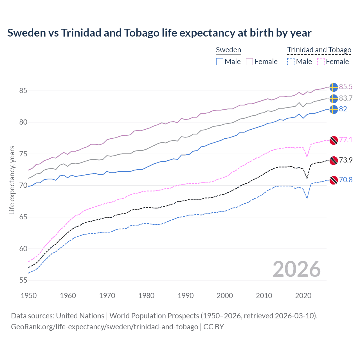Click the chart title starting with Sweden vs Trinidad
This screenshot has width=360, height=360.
tap(159, 33)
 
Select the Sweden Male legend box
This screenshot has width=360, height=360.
tap(220, 62)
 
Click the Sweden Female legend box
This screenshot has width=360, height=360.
tap(249, 62)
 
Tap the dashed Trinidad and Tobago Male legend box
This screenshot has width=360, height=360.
tap(291, 62)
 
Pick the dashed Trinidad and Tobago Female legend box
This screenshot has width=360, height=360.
tap(321, 62)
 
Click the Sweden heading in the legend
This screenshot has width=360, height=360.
tap(228, 50)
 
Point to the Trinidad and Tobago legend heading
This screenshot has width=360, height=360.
tap(319, 50)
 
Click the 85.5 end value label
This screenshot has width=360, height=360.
tap(346, 87)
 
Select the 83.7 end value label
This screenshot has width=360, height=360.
tap(346, 98)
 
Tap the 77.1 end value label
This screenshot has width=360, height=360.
tap(346, 140)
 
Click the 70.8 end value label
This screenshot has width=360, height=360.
tap(346, 180)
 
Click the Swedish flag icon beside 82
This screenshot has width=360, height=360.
tap(334, 109)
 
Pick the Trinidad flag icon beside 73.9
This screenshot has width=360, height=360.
tap(334, 160)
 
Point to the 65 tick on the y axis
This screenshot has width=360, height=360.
tap(23, 217)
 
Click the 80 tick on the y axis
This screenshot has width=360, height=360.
tap(23, 122)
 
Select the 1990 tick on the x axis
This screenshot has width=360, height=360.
tap(186, 296)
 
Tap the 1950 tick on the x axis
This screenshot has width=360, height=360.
tap(29, 296)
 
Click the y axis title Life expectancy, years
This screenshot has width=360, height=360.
tap(12, 180)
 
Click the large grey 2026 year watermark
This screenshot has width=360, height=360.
tap(296, 269)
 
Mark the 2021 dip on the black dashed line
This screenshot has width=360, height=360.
tap(307, 179)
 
